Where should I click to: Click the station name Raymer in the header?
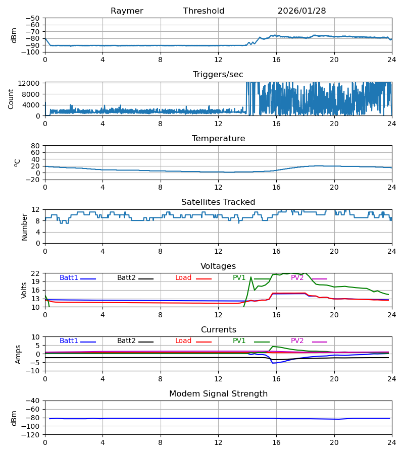pos(127,11)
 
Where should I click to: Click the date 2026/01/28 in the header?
pos(301,11)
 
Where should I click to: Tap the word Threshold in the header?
pos(204,11)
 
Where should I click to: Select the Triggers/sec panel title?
pos(218,75)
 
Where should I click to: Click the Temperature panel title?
pos(218,139)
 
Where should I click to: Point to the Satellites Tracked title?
pos(218,202)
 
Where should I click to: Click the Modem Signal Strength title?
pos(218,394)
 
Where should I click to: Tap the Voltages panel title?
pos(218,266)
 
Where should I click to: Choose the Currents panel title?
pos(218,330)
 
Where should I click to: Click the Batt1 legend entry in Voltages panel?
pos(69,278)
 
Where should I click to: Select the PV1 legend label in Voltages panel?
pos(239,278)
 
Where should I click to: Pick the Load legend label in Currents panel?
pos(183,341)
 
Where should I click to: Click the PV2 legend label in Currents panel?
pos(297,341)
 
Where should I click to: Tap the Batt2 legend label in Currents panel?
pos(127,341)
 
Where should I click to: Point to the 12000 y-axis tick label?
pos(30,83)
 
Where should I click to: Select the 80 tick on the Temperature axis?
pos(36,146)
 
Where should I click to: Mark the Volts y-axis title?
pos(24,290)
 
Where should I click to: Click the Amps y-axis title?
pos(18,354)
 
